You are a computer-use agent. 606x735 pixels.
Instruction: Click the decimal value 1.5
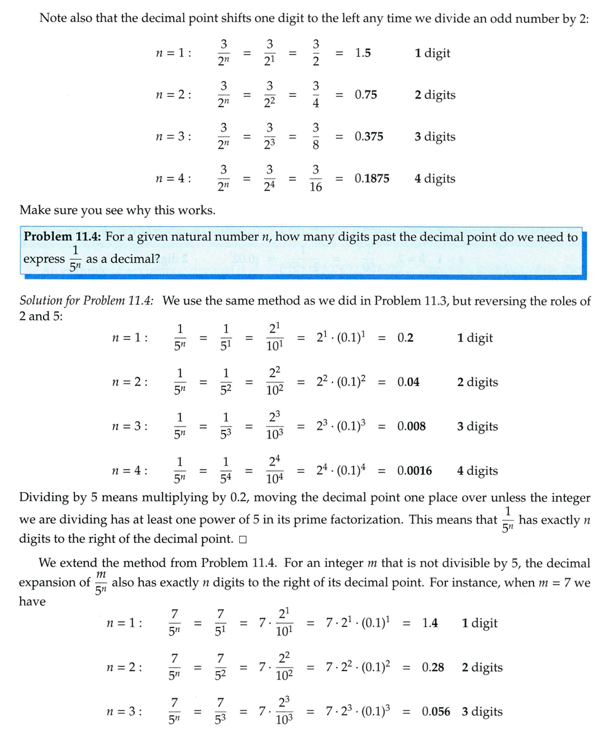362,54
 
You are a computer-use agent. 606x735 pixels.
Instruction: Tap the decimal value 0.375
369,137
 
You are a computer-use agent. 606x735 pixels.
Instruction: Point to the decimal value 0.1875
372,179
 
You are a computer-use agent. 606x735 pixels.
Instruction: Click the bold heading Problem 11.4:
62,238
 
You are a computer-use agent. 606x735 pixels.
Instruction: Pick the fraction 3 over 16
316,179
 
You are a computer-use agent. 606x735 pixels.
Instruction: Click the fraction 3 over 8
316,137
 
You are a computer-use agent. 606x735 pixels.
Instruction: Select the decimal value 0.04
408,382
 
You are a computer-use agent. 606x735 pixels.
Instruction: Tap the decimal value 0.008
411,427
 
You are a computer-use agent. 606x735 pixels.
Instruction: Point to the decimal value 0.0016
414,471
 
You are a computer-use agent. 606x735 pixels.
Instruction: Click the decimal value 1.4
430,624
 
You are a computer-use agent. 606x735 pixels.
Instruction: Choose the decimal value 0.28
433,668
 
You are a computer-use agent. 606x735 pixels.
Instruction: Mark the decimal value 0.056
436,712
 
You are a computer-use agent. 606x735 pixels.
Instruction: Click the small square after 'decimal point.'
243,541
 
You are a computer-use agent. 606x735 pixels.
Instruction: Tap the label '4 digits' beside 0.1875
435,179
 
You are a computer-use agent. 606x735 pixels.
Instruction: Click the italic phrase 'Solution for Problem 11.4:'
87,301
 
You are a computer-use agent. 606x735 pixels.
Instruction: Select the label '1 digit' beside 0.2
475,338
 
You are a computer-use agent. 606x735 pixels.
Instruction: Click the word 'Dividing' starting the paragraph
45,498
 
